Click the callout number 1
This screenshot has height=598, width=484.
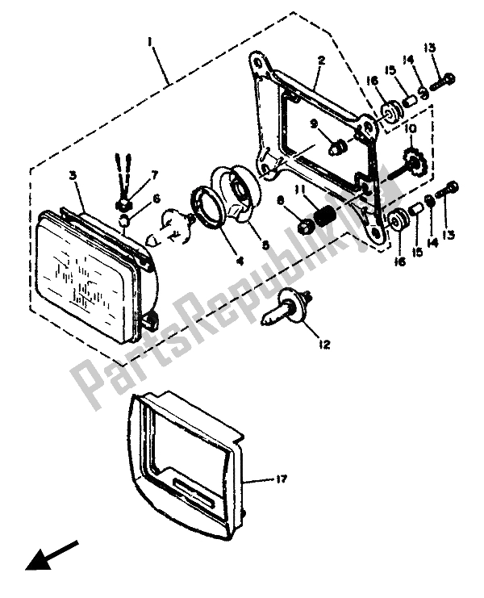[151, 43]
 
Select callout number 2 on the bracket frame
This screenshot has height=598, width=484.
[322, 61]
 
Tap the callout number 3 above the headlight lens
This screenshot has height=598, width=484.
[73, 176]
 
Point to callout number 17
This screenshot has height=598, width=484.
[281, 479]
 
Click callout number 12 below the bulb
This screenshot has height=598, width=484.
[325, 345]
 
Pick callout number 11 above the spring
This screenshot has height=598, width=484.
[299, 190]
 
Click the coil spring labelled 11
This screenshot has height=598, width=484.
[324, 215]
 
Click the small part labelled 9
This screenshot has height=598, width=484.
[337, 147]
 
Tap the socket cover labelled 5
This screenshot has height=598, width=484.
[236, 190]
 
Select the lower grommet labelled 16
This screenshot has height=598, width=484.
[397, 220]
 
